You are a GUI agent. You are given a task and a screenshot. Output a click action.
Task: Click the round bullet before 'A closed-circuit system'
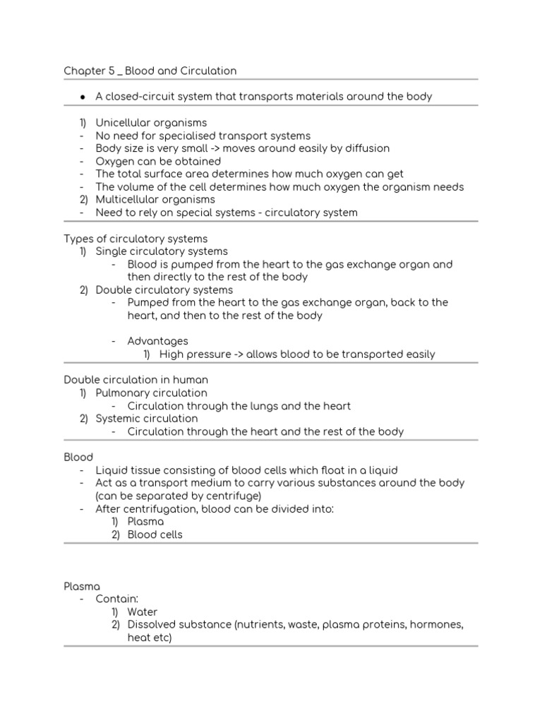click(x=83, y=97)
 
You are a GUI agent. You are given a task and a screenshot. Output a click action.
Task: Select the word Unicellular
click(x=123, y=123)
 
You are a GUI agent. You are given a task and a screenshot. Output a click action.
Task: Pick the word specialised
click(x=183, y=136)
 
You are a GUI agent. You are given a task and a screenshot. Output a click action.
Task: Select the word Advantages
click(x=157, y=341)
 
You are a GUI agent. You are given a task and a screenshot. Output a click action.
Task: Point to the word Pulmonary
click(x=124, y=393)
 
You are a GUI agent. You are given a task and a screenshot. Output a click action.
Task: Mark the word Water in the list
click(x=143, y=611)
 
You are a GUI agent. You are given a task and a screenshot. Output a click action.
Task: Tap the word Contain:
click(x=117, y=599)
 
